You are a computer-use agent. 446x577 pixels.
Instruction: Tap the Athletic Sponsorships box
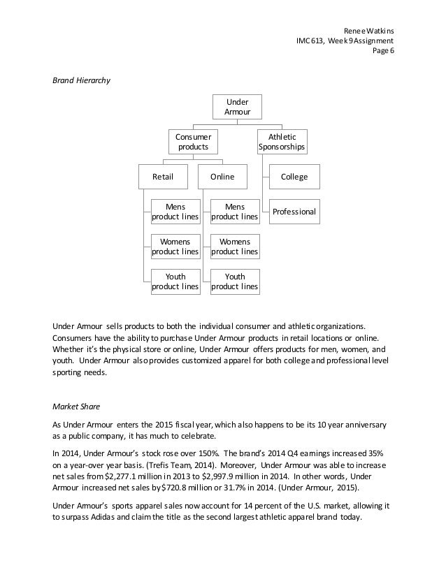(x=282, y=142)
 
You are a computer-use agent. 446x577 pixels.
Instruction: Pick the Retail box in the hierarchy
(x=164, y=177)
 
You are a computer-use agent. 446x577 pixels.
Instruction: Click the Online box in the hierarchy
(x=223, y=177)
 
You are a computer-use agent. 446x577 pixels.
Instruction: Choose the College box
(x=294, y=177)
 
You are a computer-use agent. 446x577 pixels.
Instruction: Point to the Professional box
(x=294, y=211)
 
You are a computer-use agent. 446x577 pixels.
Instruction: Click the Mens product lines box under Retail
(x=175, y=212)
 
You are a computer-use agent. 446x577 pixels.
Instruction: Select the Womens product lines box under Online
(x=234, y=246)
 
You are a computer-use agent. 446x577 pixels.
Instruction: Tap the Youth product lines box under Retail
(x=175, y=281)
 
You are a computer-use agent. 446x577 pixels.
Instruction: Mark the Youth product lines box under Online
(x=234, y=281)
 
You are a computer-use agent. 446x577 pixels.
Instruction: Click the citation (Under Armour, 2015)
(x=319, y=486)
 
